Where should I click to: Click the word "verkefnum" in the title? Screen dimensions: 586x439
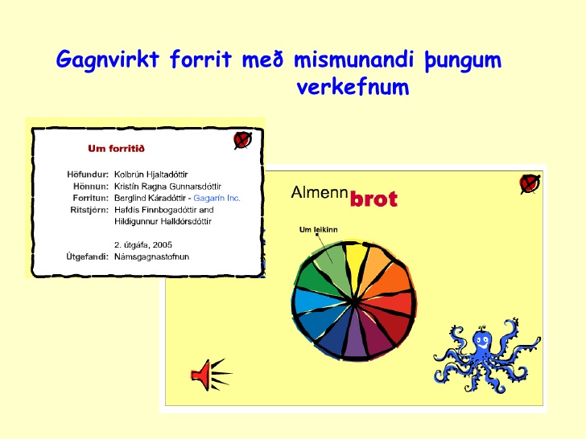click(x=353, y=87)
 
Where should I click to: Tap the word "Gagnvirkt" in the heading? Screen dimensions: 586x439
click(x=108, y=59)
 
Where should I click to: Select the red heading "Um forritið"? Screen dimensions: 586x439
click(x=116, y=149)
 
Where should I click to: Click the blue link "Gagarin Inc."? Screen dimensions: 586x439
click(x=217, y=198)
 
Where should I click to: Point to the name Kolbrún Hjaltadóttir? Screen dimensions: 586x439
click(x=151, y=174)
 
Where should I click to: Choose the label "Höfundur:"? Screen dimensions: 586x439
click(x=88, y=174)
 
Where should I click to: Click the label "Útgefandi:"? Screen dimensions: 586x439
click(x=88, y=256)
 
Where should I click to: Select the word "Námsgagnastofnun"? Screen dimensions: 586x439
click(x=151, y=256)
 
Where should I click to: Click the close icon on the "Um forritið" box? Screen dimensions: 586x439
click(x=242, y=141)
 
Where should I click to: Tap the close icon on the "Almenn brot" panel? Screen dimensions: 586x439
click(x=530, y=184)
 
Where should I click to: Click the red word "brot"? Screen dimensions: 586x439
click(x=373, y=199)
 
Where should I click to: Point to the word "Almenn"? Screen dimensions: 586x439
click(x=320, y=193)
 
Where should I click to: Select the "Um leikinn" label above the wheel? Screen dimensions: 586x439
click(x=319, y=230)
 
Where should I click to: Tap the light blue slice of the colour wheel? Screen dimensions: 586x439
click(x=314, y=301)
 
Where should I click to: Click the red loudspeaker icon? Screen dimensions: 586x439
click(x=211, y=375)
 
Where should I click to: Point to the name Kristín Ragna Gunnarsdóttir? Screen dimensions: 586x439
click(x=167, y=187)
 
